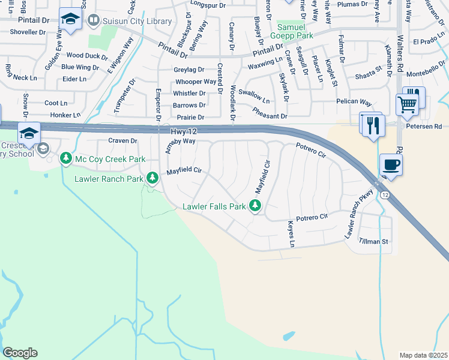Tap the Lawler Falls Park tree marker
coord(256,206)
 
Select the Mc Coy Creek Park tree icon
coord(65,159)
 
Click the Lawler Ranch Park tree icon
coord(152,178)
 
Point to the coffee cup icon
coord(391,165)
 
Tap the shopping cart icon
coord(408,104)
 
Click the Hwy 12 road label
coord(185,130)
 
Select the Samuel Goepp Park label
coord(295,32)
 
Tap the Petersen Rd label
coord(429,127)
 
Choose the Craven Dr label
coord(123,140)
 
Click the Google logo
coord(20,353)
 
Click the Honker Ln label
coord(64,115)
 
